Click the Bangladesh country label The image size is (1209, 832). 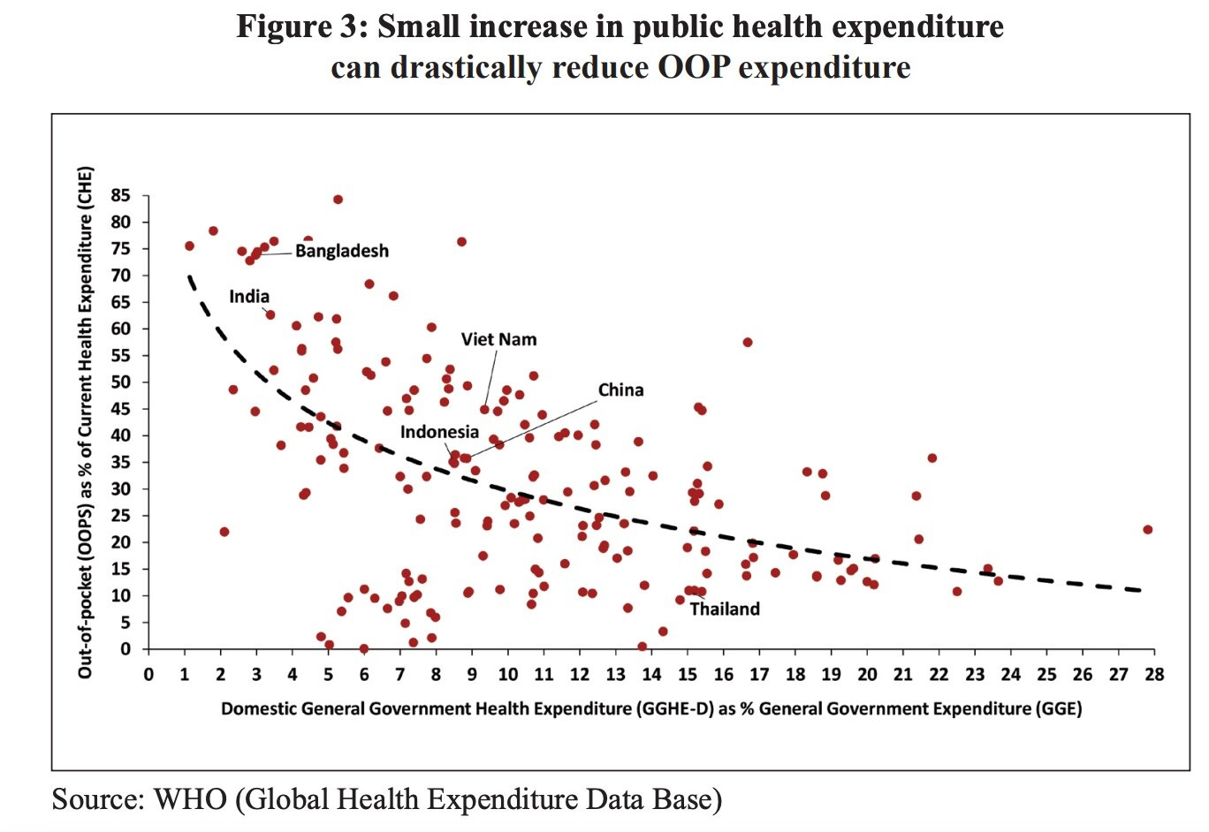pos(341,251)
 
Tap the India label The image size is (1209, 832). pos(249,297)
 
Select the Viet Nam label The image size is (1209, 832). pos(498,339)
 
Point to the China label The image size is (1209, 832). pos(620,390)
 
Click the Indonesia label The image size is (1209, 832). pos(439,432)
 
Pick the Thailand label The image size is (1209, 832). pos(725,609)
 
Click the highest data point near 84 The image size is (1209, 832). pos(338,200)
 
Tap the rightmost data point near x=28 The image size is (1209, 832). pos(1147,530)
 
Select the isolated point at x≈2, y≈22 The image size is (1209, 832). pos(224,532)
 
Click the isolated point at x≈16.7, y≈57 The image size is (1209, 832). pos(748,342)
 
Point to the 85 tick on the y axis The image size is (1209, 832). pos(120,196)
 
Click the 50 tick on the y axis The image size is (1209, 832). pos(120,382)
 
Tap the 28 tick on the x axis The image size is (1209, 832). pos(1154,675)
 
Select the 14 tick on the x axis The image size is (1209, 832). pos(651,675)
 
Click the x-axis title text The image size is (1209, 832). pos(651,708)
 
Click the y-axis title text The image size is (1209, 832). pos(86,422)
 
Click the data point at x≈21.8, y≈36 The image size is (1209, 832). pos(931,458)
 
